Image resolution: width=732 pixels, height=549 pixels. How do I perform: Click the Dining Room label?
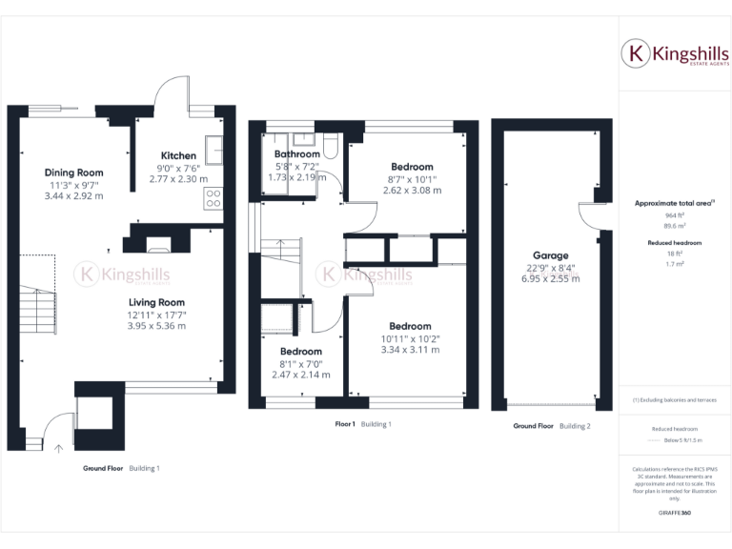click(x=73, y=173)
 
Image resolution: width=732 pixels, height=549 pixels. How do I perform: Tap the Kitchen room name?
click(x=178, y=155)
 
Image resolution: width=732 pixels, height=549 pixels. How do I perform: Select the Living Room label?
click(x=156, y=302)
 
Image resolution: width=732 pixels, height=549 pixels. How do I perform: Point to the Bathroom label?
click(x=296, y=154)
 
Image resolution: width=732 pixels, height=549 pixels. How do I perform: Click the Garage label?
click(x=550, y=255)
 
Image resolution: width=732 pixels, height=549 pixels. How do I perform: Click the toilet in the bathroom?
click(x=330, y=144)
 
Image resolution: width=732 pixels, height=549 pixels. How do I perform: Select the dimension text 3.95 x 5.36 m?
click(x=156, y=326)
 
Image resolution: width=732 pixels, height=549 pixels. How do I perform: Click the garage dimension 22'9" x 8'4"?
click(x=550, y=268)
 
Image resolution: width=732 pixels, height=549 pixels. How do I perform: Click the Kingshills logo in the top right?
click(x=675, y=54)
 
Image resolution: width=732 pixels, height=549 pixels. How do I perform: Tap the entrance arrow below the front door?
click(x=57, y=447)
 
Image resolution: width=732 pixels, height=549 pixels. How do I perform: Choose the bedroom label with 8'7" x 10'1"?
click(x=410, y=167)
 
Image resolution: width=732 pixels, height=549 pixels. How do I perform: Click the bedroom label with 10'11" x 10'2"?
click(x=410, y=326)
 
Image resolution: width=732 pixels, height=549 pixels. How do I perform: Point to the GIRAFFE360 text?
click(x=674, y=513)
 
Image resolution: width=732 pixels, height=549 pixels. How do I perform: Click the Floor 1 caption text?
click(x=345, y=424)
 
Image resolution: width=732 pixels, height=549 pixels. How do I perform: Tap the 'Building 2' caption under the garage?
click(x=575, y=426)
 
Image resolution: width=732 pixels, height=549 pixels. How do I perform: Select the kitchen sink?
click(x=214, y=147)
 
